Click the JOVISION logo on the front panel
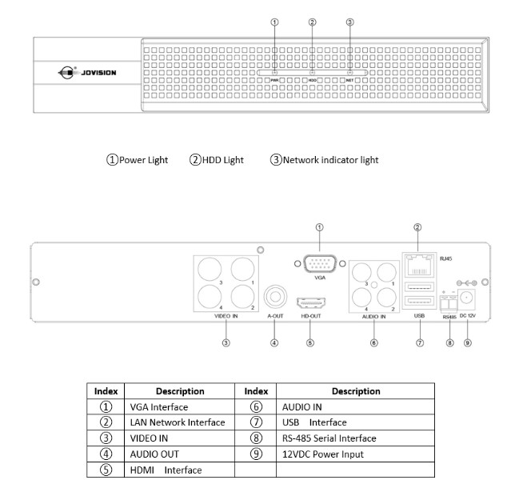(88, 73)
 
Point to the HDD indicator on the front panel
(312, 81)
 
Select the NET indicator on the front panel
(349, 81)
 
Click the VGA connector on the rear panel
(320, 265)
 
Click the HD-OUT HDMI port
(309, 306)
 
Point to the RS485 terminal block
(449, 302)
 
